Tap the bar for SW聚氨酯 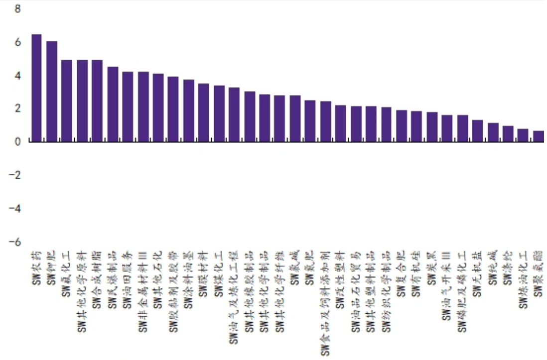coord(538,136)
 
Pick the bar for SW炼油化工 coord(523,135)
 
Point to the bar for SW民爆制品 coord(113,105)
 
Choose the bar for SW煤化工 coord(219,114)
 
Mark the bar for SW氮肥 coord(310,121)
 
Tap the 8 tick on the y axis coord(18,9)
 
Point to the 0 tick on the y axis coord(18,142)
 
